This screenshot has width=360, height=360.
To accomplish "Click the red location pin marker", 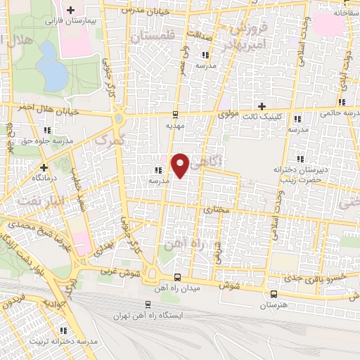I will [x=181, y=165].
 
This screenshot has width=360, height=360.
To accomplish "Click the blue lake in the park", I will [x=49, y=63].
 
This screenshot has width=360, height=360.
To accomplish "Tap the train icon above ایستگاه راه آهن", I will [x=148, y=304].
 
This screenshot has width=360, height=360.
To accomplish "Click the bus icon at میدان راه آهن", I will [x=176, y=277].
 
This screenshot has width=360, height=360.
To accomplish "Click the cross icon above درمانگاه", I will [x=44, y=167].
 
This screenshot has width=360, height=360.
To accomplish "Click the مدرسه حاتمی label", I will [x=338, y=112].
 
